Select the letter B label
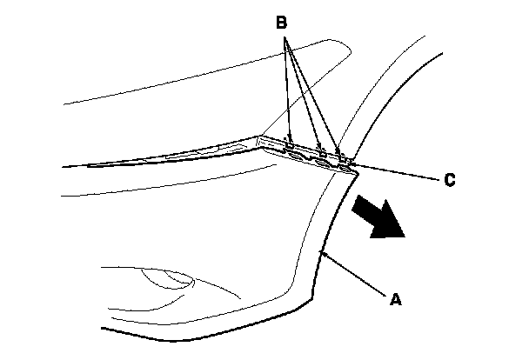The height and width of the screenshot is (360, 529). coord(281,23)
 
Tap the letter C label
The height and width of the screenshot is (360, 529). coord(449,181)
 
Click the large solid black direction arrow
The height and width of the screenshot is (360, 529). coord(378,217)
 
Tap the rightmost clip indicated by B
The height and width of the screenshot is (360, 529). coord(338,156)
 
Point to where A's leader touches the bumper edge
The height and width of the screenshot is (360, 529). coord(322,252)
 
